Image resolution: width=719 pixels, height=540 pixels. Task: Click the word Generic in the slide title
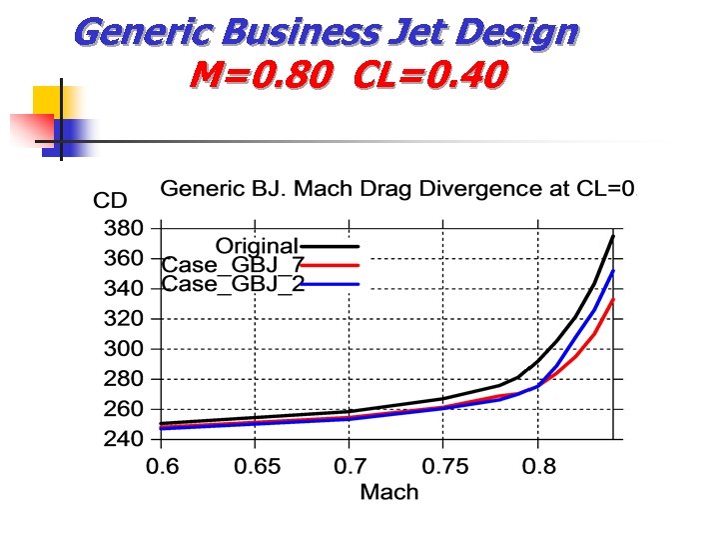(x=134, y=33)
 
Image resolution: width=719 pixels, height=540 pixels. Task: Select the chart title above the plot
(x=398, y=188)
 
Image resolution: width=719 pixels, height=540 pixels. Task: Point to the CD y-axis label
(x=110, y=200)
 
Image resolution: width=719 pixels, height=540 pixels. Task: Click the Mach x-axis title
(x=389, y=491)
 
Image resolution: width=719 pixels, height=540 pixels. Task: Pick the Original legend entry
(x=257, y=245)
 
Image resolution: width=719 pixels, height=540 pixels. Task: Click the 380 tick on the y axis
(x=124, y=228)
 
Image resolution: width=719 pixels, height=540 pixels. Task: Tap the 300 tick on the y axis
(x=124, y=349)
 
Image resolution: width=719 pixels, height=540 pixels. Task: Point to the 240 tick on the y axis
(x=124, y=439)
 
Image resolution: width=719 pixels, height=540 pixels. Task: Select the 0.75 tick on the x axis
(x=442, y=465)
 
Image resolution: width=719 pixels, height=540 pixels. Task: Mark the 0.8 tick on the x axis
(x=537, y=465)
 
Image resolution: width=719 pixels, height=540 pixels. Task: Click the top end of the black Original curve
(x=613, y=236)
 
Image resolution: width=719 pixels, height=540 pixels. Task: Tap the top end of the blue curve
(x=613, y=271)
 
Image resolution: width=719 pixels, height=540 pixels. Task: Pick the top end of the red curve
(x=613, y=299)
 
